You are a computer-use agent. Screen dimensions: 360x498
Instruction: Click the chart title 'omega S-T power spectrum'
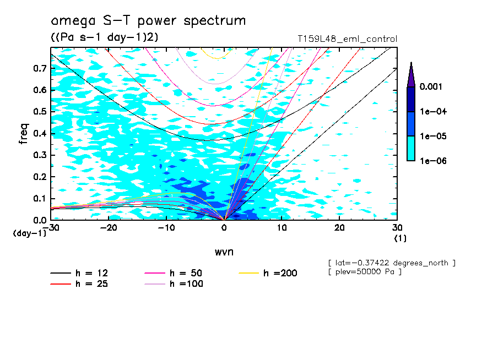click(x=148, y=21)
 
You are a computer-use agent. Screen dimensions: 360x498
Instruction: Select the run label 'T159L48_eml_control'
click(x=347, y=39)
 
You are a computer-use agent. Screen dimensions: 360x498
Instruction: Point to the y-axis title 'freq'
click(x=24, y=134)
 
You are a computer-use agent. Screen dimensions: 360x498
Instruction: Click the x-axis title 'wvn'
click(x=224, y=252)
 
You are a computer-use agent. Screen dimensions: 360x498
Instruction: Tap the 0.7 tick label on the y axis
click(x=40, y=69)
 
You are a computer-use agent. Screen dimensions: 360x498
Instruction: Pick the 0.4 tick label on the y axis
click(x=40, y=134)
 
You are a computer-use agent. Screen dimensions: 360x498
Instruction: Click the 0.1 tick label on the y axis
click(x=40, y=199)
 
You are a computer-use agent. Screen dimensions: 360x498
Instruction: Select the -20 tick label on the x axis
click(x=109, y=228)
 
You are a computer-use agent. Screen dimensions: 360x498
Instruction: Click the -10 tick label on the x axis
click(x=166, y=228)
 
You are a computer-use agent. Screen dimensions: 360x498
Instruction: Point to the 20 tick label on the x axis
click(x=339, y=228)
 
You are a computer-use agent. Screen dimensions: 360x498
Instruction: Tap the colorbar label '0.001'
click(x=432, y=87)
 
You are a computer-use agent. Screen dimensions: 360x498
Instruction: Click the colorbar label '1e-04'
click(x=432, y=112)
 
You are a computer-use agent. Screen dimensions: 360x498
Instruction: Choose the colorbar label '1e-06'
click(x=432, y=161)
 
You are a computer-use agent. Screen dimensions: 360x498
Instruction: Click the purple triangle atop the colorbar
click(x=411, y=75)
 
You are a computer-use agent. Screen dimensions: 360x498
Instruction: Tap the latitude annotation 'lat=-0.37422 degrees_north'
click(x=391, y=263)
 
